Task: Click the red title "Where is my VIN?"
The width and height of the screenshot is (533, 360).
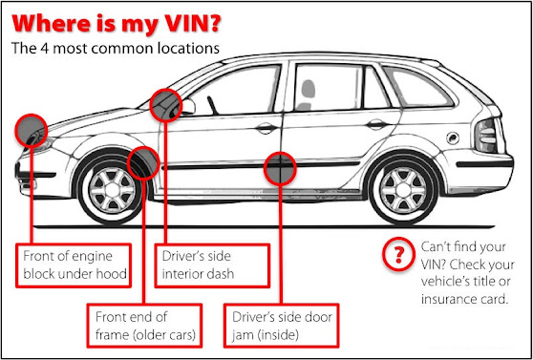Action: pos(116,24)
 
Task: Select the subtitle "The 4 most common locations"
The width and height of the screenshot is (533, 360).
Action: pos(116,49)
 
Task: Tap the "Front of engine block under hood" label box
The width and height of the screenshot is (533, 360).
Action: pos(74,265)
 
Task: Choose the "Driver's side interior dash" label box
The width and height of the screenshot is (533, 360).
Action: pos(212,265)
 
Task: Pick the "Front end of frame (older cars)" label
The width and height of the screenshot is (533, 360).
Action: pos(144,326)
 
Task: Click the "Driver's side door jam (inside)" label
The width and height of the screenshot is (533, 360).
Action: pos(282,326)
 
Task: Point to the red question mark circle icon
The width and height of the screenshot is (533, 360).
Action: pos(398,254)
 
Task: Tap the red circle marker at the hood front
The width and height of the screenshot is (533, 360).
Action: pos(31,131)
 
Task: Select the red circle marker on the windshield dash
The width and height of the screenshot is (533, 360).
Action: pos(166,105)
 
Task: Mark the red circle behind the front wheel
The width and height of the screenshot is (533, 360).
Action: pos(143,163)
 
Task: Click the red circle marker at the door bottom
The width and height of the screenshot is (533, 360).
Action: pos(280,169)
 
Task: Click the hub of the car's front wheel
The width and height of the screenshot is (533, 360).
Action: pos(111,188)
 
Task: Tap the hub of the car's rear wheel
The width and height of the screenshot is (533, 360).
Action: pos(403,188)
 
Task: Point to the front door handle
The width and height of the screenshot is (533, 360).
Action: pos(266,128)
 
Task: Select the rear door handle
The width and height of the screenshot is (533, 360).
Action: pos(377,124)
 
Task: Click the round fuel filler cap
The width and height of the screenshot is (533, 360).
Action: pos(453,138)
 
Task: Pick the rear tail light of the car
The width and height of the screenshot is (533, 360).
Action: pos(487,136)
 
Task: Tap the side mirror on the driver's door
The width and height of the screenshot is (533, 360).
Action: pos(186,107)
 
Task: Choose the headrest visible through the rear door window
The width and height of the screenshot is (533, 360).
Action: pos(308,90)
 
